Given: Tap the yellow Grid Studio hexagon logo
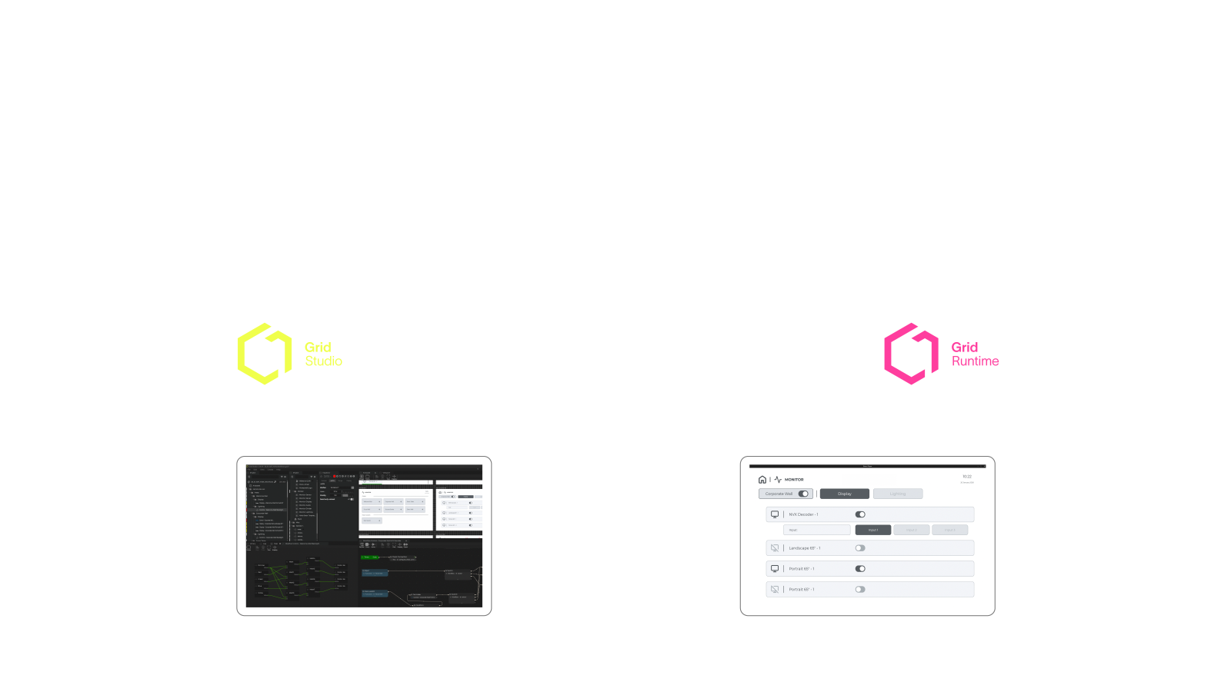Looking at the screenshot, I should point(264,354).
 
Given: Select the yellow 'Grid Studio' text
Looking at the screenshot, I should point(323,354).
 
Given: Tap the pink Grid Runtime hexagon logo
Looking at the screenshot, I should point(911,354).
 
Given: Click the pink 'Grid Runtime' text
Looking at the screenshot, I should point(975,354).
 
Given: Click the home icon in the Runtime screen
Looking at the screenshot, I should point(762,480).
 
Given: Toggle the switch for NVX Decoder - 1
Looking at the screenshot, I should point(860,514).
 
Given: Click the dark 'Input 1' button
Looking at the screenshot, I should point(872,530).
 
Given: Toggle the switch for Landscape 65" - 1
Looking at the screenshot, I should point(860,548).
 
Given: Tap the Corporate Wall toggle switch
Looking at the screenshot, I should point(803,494).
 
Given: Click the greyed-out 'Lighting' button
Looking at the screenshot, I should point(897,494).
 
